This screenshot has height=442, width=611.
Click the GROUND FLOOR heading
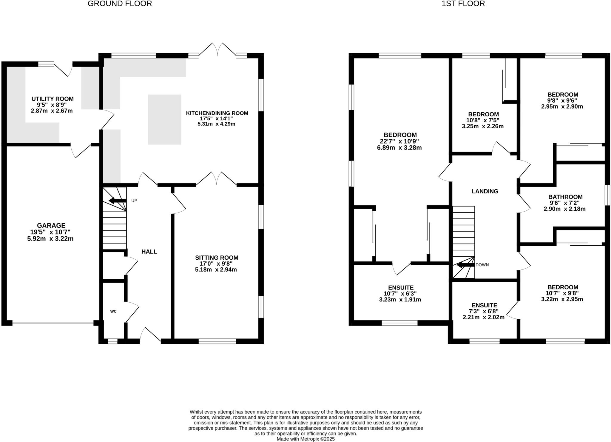tap(120, 4)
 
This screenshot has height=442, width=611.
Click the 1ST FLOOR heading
tap(463, 4)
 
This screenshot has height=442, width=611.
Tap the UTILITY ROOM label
tap(53, 99)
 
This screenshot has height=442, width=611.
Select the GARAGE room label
tap(51, 226)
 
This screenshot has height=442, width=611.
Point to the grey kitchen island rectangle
tap(165, 119)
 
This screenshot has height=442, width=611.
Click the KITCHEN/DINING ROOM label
tap(217, 113)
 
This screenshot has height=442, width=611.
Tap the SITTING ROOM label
tap(217, 258)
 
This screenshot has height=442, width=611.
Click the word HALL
tap(149, 252)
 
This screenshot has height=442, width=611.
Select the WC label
tap(113, 311)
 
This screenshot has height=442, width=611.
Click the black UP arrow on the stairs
tap(117, 200)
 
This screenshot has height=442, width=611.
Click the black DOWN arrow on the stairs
tap(465, 265)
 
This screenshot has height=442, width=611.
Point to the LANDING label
tap(485, 191)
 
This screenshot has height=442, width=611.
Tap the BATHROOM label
tap(565, 197)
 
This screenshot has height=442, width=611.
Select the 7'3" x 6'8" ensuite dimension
tap(484, 311)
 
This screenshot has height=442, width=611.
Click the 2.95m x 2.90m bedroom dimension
tap(562, 107)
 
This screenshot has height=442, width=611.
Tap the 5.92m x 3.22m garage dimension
tap(50, 239)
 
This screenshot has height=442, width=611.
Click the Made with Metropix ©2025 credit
tap(305, 439)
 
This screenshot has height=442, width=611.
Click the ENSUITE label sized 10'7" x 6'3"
tap(401, 288)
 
